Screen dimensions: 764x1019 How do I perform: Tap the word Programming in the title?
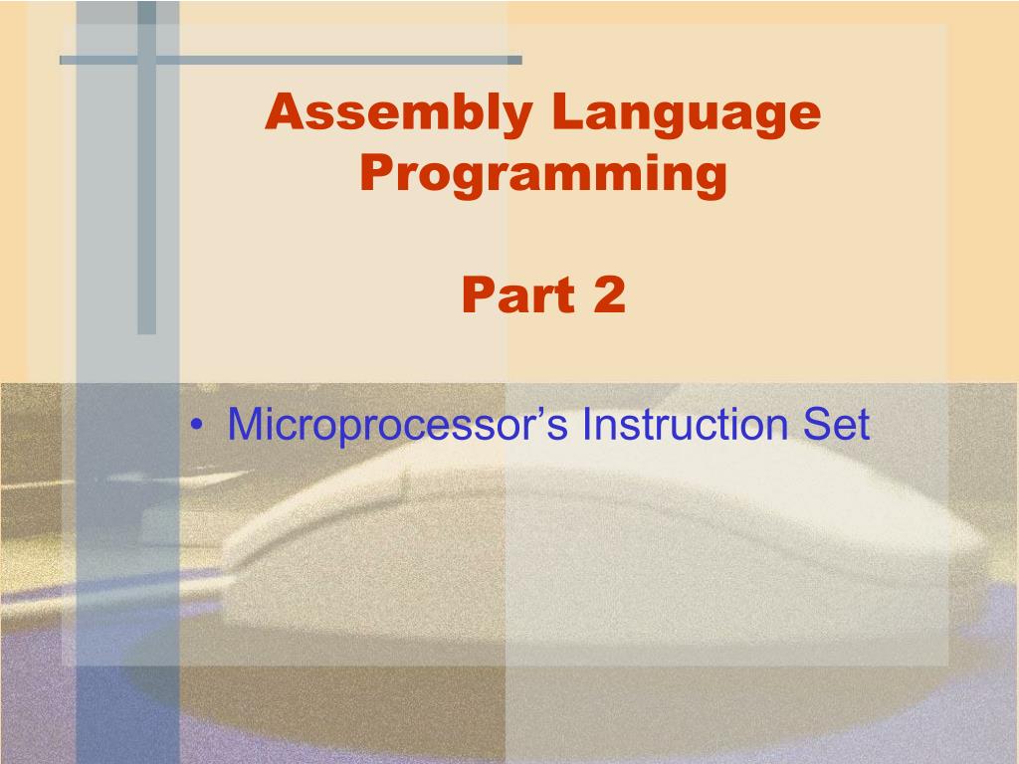click(x=543, y=174)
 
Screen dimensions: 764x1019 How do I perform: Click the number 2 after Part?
click(x=610, y=295)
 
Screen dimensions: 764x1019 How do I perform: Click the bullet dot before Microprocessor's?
click(x=203, y=427)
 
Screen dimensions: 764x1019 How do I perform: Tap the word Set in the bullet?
click(x=836, y=425)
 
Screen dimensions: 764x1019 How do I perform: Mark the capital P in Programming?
click(x=374, y=174)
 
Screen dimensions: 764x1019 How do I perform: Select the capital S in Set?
click(x=813, y=425)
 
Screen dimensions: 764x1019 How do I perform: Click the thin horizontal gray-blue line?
click(x=328, y=60)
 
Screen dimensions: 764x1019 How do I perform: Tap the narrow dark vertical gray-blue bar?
click(x=147, y=199)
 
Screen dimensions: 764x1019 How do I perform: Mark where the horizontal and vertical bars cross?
click(x=147, y=60)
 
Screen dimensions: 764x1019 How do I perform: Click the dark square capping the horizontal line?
click(x=514, y=60)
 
